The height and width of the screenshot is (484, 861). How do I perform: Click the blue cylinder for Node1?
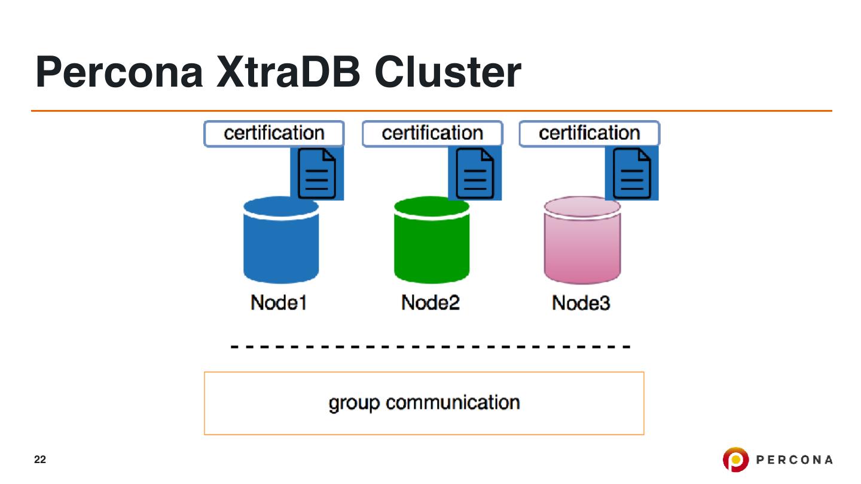(281, 245)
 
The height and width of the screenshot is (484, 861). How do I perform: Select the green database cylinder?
(432, 245)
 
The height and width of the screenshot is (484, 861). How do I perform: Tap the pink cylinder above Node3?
(582, 245)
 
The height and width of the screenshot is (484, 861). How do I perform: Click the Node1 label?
(279, 303)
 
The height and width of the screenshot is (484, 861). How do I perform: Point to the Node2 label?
(430, 303)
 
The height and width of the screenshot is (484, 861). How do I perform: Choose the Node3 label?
(581, 303)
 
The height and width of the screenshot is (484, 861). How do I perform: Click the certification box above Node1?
(274, 133)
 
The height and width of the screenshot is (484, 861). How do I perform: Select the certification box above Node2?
(432, 133)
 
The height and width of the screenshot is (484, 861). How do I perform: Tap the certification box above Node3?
(589, 133)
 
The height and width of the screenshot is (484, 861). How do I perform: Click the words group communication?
(424, 403)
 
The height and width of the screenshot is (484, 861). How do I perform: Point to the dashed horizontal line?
(430, 347)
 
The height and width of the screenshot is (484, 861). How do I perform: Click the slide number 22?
(39, 460)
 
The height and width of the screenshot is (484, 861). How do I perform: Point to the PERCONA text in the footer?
(795, 460)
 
